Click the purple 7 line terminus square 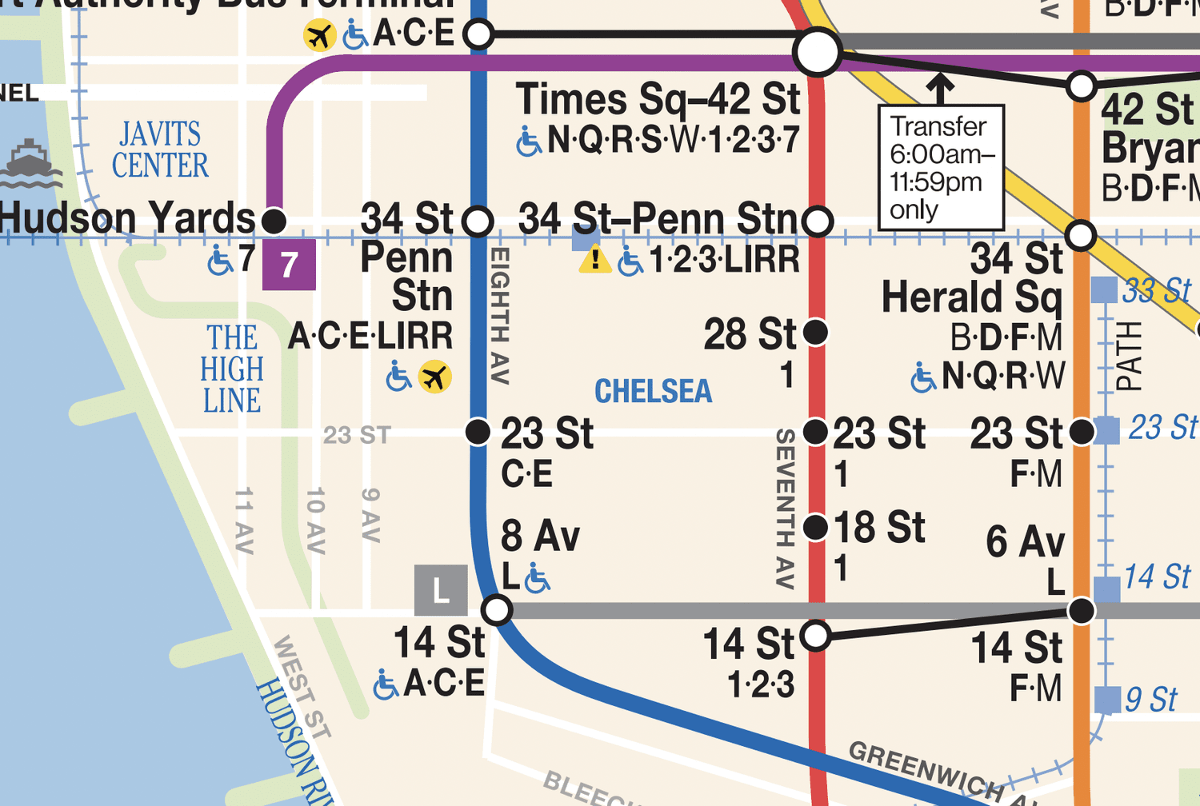(289, 264)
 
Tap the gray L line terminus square (441, 591)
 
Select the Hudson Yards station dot (274, 220)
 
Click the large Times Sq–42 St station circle (817, 52)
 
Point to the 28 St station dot (815, 332)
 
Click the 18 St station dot (815, 527)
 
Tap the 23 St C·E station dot (478, 432)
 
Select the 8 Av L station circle (497, 610)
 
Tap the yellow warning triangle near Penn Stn (594, 260)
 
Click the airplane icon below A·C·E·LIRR (435, 377)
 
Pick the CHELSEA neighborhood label (653, 391)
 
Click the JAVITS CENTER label (160, 150)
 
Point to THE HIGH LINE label (232, 369)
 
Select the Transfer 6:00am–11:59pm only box (941, 167)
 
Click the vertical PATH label (1128, 356)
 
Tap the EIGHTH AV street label (499, 316)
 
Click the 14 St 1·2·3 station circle (815, 636)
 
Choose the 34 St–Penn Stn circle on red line (818, 221)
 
